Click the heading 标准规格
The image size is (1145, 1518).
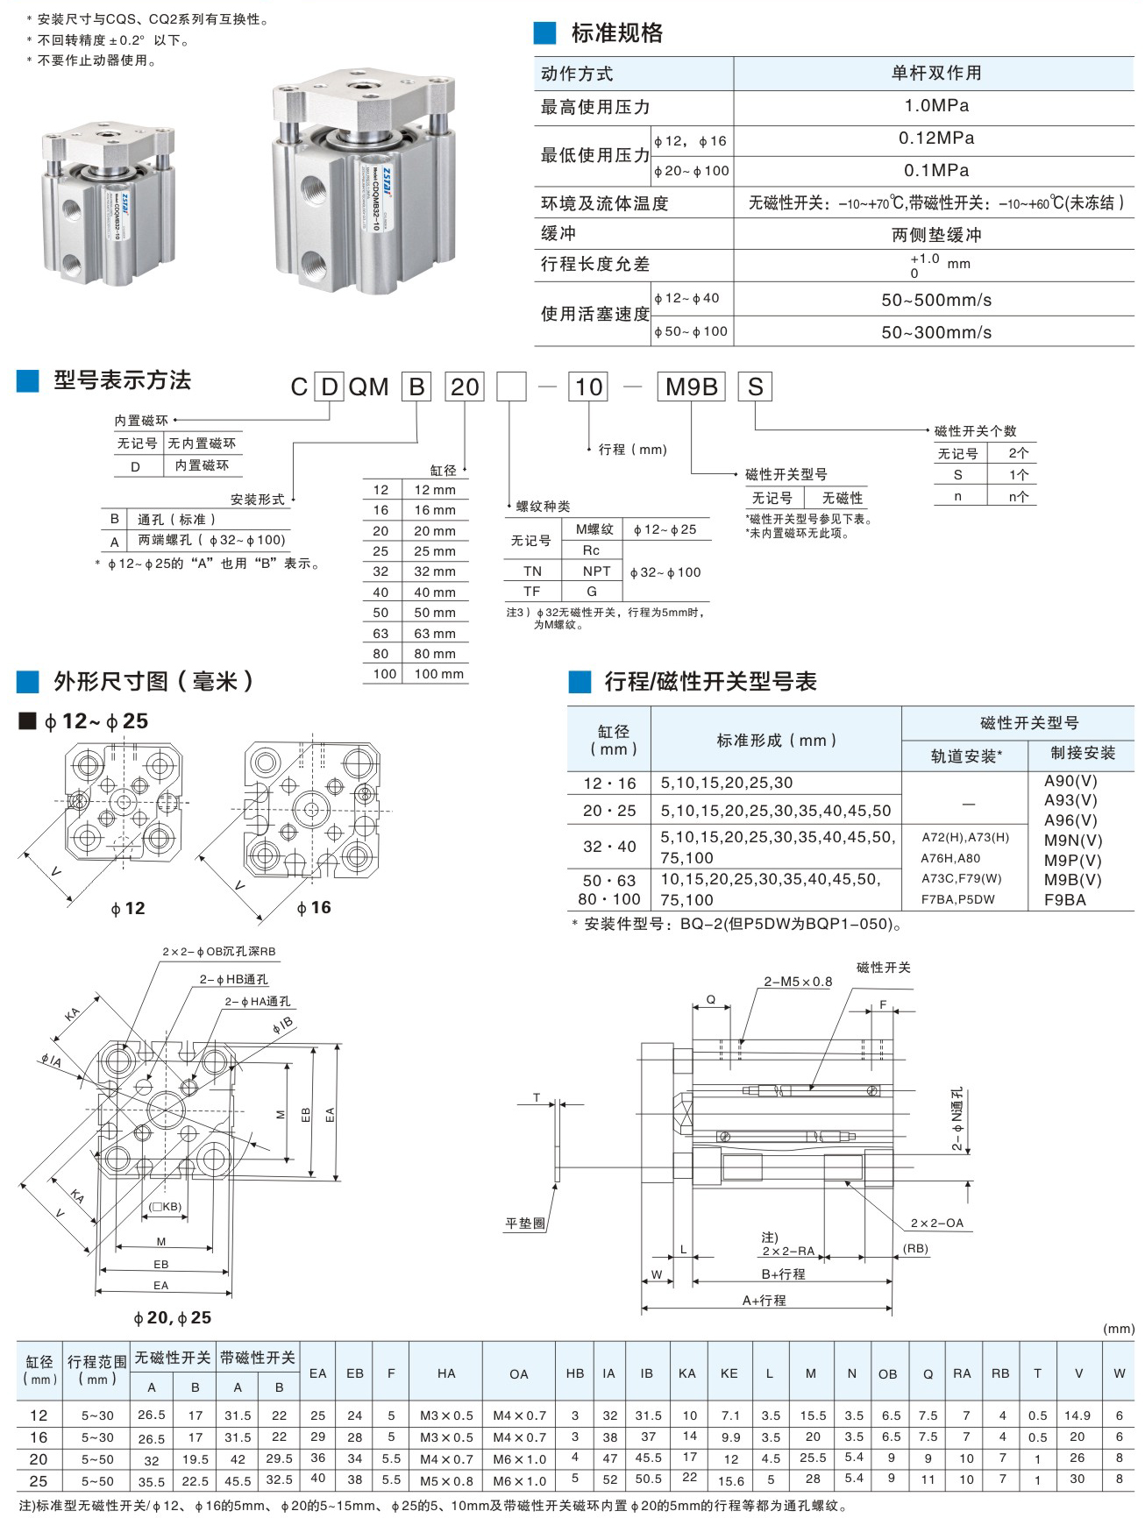tap(616, 33)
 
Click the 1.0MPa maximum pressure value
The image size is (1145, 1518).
tap(935, 106)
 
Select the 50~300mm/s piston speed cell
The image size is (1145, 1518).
tap(935, 332)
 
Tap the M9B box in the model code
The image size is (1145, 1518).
tap(691, 387)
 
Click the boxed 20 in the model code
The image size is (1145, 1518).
tap(465, 387)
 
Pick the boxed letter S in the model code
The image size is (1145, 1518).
tap(755, 387)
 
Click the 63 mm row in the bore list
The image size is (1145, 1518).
tap(434, 633)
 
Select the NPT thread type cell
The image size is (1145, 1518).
tap(596, 571)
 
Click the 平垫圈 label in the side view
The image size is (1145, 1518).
tap(526, 1223)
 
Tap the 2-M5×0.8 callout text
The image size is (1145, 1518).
tap(798, 982)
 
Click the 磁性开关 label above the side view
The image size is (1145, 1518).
tap(883, 968)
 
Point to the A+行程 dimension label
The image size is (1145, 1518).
tap(765, 1301)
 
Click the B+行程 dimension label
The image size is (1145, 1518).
tap(783, 1273)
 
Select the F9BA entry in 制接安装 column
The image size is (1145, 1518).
tap(1064, 899)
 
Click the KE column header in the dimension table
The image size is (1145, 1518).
tap(729, 1373)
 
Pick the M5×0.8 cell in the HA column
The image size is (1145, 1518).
tap(446, 1480)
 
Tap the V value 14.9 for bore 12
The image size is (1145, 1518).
tap(1077, 1415)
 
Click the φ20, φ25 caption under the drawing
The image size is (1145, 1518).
tap(172, 1317)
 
